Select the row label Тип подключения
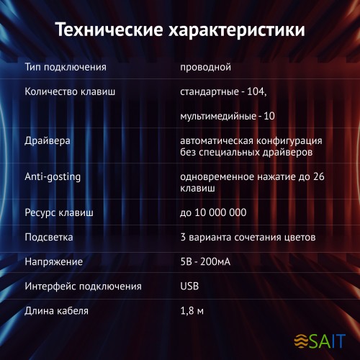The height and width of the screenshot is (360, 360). [66, 68]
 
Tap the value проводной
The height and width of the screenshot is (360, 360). [205, 68]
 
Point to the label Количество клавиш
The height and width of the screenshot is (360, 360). [70, 92]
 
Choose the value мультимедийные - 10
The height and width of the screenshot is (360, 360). [228, 115]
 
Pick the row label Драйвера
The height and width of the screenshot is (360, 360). [48, 140]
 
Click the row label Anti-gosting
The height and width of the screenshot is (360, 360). [53, 176]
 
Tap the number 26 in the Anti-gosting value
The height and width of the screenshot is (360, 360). [328, 176]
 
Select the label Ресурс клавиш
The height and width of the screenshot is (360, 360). [59, 213]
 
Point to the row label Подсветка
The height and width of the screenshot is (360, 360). [49, 237]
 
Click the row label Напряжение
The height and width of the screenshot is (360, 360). [54, 261]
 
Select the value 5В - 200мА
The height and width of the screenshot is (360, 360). [211, 261]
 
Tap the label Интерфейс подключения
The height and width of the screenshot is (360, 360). [83, 287]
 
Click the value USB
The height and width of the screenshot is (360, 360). [189, 287]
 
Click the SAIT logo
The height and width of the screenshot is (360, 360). [321, 339]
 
